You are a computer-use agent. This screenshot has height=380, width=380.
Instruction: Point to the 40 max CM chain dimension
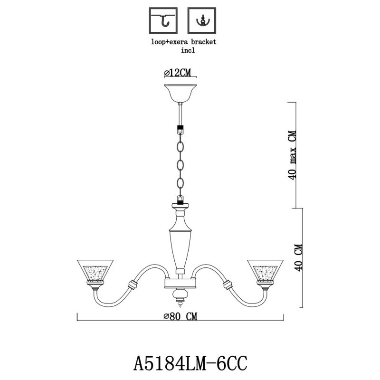293,154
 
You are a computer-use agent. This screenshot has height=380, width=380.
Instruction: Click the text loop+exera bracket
183,42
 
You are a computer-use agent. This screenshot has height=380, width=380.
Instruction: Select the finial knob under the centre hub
180,296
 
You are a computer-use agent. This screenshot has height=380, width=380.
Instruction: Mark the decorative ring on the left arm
132,286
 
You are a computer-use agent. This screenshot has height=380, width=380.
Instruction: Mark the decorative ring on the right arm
228,286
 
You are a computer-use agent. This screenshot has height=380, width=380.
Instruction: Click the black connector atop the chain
180,129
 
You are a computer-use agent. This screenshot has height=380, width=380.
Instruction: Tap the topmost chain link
180,145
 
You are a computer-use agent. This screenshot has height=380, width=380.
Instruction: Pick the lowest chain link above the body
180,183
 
